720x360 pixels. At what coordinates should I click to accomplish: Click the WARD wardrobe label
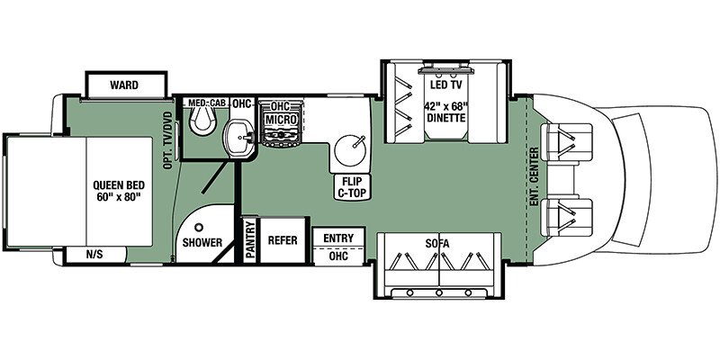pos(124,85)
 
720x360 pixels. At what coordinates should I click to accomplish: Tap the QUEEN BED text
pos(119,185)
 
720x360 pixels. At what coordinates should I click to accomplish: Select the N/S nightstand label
pos(95,255)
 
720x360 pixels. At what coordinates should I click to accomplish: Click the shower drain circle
pos(199,227)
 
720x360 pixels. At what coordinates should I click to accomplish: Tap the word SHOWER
pos(202,242)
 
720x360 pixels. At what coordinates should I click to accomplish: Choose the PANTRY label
pos(250,240)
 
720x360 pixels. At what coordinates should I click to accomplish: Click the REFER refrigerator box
pos(283,240)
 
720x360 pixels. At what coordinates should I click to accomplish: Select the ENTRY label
pos(338,238)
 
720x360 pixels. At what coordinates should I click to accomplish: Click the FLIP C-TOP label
pos(353,187)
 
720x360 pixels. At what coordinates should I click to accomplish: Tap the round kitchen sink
pos(350,149)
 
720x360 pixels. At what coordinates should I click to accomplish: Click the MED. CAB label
pos(207,103)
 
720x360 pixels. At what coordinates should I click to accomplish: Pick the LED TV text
pos(445,85)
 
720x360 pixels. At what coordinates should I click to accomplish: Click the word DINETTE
pos(445,119)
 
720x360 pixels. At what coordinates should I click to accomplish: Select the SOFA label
pos(437,243)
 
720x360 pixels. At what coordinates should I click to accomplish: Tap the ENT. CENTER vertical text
pos(534,176)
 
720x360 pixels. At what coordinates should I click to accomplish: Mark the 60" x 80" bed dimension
pos(119,197)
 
